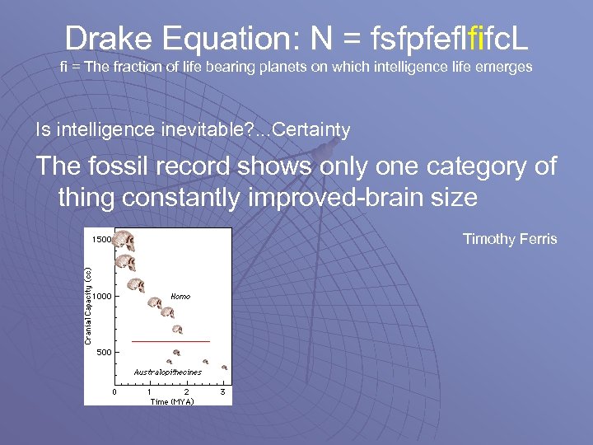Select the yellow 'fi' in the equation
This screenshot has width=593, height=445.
point(474,37)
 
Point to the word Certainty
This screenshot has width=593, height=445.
point(315,129)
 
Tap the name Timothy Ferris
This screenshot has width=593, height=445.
point(510,239)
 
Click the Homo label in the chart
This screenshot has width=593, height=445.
point(180,295)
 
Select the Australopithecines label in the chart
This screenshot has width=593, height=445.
point(167,372)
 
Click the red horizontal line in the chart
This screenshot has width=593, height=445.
point(171,340)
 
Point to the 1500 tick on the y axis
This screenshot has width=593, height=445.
point(100,240)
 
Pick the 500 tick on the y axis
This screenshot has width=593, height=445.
point(104,352)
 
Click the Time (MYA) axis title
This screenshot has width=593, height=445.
point(171,401)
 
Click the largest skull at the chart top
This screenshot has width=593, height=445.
point(124,241)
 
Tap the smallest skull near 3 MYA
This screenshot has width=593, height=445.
point(224,368)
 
